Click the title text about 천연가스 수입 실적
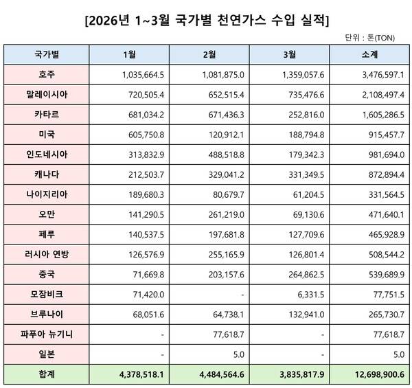pyautogui.click(x=206, y=19)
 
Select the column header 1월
pyautogui.click(x=127, y=54)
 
